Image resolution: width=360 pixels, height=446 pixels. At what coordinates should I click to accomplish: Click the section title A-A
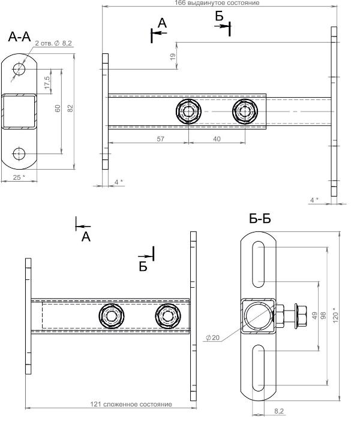19,37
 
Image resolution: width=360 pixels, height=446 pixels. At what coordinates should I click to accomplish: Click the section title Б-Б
260,219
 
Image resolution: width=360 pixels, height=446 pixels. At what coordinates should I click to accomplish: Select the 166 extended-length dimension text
217,3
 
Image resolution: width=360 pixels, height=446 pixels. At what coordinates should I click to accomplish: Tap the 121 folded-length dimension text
131,404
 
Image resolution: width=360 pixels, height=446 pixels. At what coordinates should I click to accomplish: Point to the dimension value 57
161,139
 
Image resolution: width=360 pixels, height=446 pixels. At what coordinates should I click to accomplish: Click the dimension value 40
217,139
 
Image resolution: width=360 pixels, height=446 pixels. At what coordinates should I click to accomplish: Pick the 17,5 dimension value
47,83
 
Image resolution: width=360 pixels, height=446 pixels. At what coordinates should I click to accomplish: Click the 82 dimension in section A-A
70,109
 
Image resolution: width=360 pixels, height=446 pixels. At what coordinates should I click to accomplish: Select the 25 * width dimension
19,177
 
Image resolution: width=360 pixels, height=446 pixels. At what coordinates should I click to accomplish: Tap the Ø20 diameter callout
212,337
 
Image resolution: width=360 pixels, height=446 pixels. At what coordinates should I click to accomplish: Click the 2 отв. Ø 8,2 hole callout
53,44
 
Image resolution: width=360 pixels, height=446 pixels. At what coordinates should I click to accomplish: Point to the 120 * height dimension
335,315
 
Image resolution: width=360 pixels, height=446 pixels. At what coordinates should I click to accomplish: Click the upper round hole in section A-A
19,69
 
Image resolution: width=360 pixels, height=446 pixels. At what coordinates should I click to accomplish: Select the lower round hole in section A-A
19,154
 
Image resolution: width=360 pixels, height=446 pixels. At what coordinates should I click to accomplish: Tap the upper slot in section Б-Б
258,264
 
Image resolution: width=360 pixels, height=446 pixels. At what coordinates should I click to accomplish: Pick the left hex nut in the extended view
188,111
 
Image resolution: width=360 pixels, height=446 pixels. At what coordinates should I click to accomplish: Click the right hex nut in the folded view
167,316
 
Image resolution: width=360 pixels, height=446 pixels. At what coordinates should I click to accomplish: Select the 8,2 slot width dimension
279,411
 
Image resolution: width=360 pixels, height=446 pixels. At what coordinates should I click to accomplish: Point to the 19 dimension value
173,56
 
